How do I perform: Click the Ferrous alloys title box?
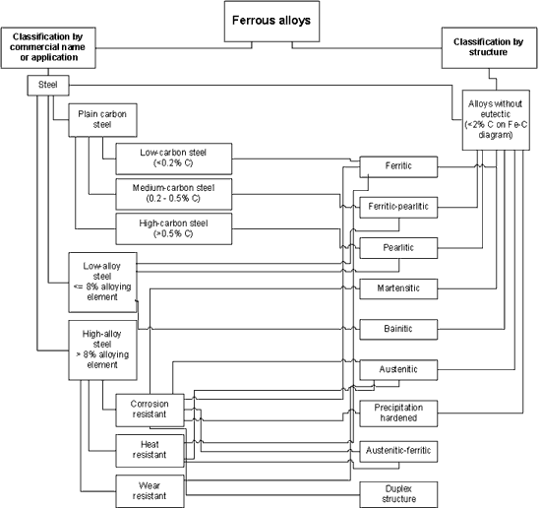(271, 22)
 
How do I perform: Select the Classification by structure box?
(489, 48)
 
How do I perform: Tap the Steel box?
(48, 86)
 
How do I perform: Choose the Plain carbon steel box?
(102, 120)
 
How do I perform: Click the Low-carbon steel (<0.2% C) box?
(173, 159)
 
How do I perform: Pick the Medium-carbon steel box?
(173, 194)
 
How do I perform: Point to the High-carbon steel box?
(173, 229)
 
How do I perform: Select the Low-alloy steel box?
(102, 283)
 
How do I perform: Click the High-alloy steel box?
(102, 350)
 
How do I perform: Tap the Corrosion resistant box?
(150, 411)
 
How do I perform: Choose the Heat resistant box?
(150, 451)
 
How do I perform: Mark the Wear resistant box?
(150, 491)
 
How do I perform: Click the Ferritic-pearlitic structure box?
(398, 208)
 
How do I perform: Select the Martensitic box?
(398, 289)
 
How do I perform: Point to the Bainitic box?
(398, 330)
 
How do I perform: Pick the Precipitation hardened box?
(398, 413)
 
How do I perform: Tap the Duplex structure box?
(398, 495)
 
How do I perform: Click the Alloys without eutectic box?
(496, 120)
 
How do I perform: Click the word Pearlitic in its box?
(398, 248)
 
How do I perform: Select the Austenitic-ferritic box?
(398, 451)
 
